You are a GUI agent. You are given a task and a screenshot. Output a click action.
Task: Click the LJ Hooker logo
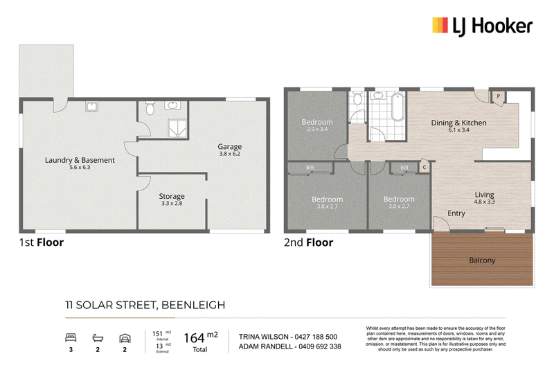point(482,26)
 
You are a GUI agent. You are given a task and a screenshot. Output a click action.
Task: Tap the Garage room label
point(230,146)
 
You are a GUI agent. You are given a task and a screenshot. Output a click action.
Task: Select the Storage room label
point(172,196)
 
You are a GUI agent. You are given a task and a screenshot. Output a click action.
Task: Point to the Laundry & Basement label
point(80,160)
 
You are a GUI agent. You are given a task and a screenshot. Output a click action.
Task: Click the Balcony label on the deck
point(482,261)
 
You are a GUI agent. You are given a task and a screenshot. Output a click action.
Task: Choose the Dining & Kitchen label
point(458,123)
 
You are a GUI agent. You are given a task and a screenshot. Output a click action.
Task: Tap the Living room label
point(484,195)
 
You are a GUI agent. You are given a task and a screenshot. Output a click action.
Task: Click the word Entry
point(456,213)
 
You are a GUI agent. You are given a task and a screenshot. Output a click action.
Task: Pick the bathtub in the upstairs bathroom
point(398,107)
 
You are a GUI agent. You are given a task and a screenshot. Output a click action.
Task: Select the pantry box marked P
point(498,98)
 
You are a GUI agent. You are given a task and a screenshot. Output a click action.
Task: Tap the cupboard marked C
point(425,167)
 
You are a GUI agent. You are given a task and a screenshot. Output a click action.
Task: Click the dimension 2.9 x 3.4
point(317,130)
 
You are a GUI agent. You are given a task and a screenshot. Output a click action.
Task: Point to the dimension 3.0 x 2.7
point(399,206)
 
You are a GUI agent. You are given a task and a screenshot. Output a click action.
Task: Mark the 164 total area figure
point(194,338)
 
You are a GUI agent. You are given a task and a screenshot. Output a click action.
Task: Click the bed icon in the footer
point(71,338)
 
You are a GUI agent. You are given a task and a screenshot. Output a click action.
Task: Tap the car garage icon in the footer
point(125,339)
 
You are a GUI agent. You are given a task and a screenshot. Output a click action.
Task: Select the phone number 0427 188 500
point(316,337)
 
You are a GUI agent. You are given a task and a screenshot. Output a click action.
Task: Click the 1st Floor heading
point(42,243)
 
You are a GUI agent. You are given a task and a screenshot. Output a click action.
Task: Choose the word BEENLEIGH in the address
point(193,305)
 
